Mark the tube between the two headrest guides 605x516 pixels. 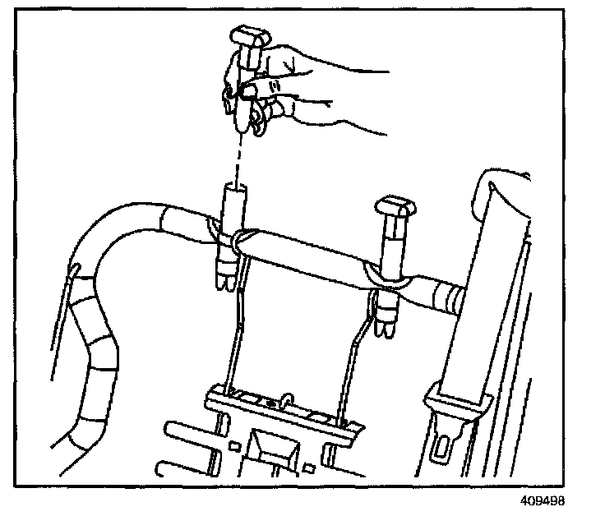tap(304, 254)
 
